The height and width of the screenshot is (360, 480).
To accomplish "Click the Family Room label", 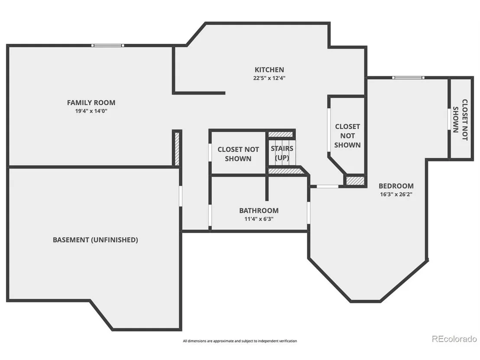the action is tap(91, 103).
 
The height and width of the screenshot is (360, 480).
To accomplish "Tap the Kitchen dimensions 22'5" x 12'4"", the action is tap(269, 78).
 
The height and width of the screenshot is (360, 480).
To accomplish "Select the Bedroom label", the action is tap(396, 186).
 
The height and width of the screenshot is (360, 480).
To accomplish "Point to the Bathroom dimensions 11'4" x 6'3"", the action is tap(259, 219).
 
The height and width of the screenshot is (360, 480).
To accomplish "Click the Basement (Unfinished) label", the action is tap(95, 240).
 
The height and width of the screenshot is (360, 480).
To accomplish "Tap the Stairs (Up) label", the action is tap(282, 153).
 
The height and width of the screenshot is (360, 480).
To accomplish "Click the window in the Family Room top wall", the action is tap(108, 45).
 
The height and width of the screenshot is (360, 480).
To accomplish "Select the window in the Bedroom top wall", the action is tap(409, 78).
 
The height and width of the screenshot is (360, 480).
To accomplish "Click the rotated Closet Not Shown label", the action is tap(461, 120).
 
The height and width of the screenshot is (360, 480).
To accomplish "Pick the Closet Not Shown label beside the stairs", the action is tap(238, 154).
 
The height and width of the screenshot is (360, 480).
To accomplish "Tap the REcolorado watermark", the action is tap(454, 339).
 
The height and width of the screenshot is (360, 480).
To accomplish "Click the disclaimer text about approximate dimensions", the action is tap(240, 341).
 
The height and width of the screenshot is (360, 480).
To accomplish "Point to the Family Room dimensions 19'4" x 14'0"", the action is tap(91, 111).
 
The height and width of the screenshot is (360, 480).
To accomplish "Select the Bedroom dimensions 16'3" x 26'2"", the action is tap(396, 195).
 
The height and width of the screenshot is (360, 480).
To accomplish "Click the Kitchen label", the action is tap(269, 70).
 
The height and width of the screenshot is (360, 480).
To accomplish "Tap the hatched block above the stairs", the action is tap(280, 134).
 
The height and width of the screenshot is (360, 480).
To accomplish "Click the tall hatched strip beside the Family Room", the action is tap(177, 149).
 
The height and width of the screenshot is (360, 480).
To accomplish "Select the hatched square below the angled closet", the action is tap(355, 181).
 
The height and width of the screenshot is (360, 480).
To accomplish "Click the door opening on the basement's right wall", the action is tap(181, 196).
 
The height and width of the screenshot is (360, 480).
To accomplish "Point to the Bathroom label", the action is tap(259, 211).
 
